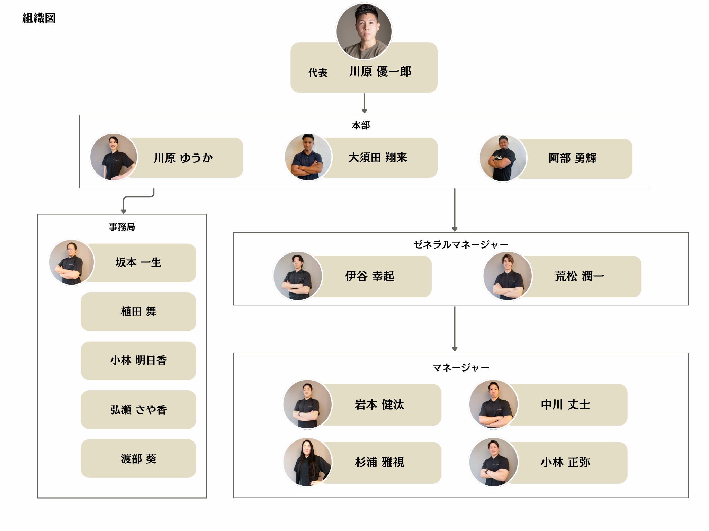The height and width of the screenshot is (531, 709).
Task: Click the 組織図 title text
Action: (39, 18)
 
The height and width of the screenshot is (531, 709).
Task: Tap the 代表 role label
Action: (318, 73)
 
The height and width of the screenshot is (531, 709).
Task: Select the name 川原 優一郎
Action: (380, 72)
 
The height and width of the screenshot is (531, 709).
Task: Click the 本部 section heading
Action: (361, 125)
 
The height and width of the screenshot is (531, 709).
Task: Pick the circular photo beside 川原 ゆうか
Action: (114, 157)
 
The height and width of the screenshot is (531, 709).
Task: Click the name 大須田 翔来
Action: (378, 158)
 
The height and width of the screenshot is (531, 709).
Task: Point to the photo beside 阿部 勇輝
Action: (503, 158)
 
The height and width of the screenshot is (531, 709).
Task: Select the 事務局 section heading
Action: (122, 227)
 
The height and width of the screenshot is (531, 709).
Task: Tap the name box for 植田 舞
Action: (138, 311)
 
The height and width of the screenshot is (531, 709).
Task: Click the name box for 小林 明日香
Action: (138, 361)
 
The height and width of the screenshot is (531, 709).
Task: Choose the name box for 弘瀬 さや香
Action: (138, 410)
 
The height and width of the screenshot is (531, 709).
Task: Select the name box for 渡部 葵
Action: (138, 458)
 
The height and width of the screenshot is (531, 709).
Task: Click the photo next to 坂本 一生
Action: (72, 262)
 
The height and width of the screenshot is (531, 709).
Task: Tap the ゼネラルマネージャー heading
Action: (461, 245)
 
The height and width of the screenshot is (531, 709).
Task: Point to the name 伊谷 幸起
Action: (370, 276)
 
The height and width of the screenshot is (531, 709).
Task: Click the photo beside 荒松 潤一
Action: (508, 276)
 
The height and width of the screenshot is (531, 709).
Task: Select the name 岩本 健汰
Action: (379, 404)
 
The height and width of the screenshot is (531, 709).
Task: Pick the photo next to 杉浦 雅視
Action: (307, 462)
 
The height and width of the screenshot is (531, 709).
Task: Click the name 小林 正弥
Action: (565, 462)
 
